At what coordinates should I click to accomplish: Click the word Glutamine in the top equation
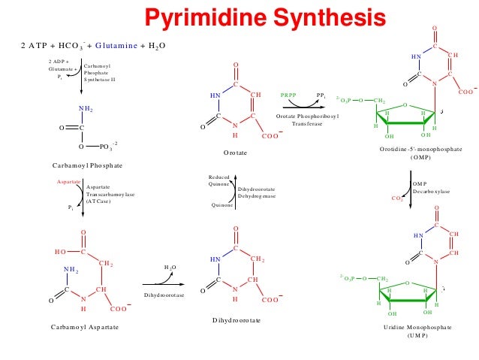pyautogui.click(x=143, y=46)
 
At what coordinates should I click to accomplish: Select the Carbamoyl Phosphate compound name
pyautogui.click(x=88, y=164)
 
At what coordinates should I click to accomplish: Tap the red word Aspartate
pyautogui.click(x=69, y=182)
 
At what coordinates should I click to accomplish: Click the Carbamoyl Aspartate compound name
pyautogui.click(x=87, y=328)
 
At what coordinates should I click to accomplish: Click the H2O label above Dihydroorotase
pyautogui.click(x=170, y=267)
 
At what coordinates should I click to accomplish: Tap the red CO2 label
pyautogui.click(x=398, y=198)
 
